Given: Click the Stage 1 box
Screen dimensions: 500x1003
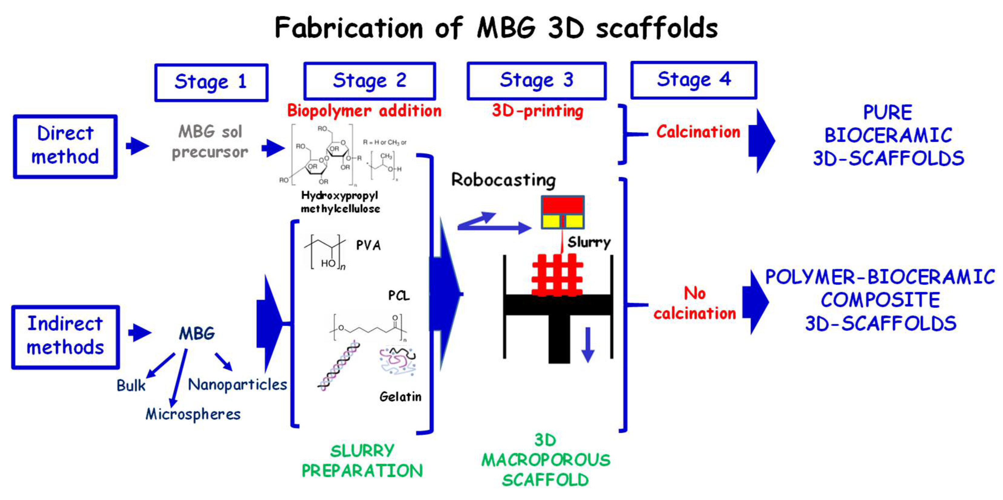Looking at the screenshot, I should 211,83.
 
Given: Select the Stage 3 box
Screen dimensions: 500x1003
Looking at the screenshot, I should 536,80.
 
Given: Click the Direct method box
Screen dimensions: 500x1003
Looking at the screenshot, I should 65,146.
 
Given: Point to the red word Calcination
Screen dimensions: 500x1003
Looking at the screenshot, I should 698,132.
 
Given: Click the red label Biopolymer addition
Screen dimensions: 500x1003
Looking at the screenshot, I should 364,111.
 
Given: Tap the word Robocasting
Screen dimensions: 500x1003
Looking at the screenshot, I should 503,180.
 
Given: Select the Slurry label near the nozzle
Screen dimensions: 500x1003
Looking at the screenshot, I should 589,242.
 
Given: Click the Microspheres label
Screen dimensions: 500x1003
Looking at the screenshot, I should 193,414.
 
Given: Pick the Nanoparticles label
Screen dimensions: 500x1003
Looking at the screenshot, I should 237,385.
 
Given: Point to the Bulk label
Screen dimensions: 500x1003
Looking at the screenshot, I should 131,386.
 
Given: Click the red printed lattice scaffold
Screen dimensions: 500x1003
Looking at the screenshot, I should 557,275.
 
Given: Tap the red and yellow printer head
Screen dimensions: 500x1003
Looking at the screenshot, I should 563,212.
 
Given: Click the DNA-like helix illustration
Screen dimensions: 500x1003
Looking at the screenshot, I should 338,366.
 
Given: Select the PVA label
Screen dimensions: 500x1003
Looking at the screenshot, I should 368,245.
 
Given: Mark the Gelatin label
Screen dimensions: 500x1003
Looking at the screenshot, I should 400,397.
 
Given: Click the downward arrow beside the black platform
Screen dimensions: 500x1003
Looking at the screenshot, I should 588,345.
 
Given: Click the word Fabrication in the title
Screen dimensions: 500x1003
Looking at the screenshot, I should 348,28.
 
